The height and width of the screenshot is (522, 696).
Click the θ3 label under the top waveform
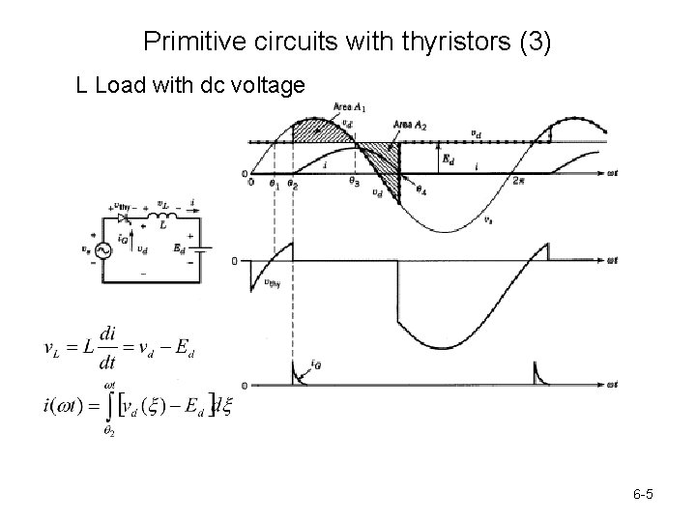(x=355, y=183)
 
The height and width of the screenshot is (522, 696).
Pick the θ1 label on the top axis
(x=274, y=183)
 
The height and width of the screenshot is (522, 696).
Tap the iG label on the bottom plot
(x=316, y=364)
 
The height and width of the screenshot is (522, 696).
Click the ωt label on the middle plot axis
(x=611, y=261)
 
